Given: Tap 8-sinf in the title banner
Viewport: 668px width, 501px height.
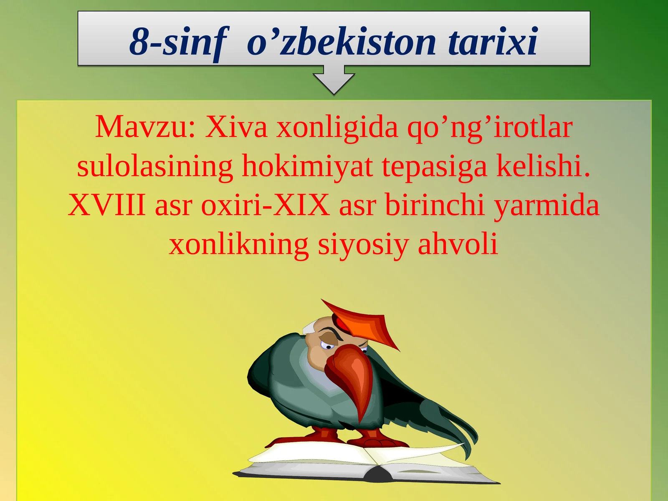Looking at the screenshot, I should coord(179,42).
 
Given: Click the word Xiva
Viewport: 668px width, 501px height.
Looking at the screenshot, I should coord(236,127).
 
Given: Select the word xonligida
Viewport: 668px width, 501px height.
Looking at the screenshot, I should coord(337,127).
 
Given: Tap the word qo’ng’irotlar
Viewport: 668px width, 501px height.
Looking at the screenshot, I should coord(489,127).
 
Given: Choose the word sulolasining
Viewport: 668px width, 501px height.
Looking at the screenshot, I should coord(154,166).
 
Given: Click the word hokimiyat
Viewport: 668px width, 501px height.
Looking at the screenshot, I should coord(307,166).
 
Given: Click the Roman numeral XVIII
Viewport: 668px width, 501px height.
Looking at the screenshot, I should coord(106,205).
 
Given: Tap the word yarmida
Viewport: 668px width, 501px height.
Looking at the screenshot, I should coord(547,206).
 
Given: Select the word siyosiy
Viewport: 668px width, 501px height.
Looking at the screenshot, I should coord(363,245).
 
